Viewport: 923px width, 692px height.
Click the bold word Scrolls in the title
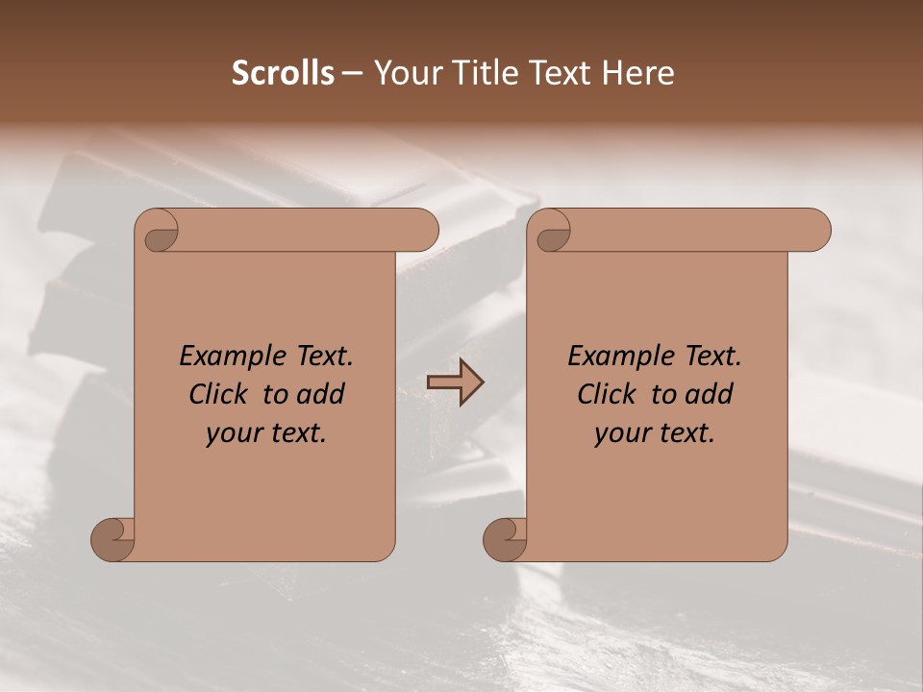coord(284,72)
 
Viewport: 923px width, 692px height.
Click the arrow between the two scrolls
coord(455,383)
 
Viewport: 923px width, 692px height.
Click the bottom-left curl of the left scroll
coord(113,539)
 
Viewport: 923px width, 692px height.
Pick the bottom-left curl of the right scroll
coord(505,539)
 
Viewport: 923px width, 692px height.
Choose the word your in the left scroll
coord(232,433)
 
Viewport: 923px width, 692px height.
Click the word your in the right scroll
coord(620,433)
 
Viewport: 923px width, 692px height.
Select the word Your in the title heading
coord(399,72)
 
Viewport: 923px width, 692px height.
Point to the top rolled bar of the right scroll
coord(692,231)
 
